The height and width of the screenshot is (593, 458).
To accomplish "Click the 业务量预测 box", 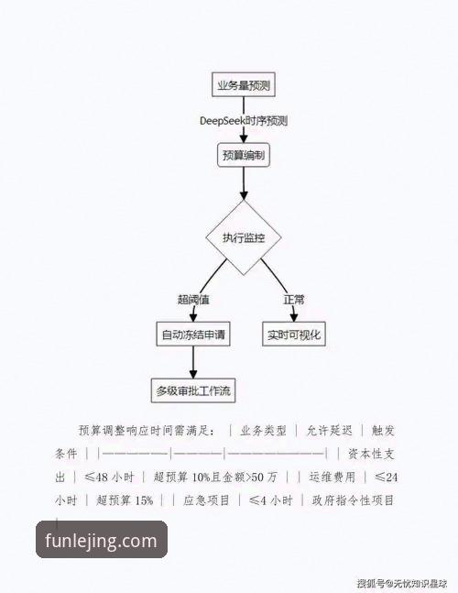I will click(243, 85).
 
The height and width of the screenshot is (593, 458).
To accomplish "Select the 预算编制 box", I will click(244, 156).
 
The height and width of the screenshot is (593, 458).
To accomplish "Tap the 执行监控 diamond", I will click(244, 238).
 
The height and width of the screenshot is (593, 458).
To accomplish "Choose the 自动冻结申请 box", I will click(193, 335).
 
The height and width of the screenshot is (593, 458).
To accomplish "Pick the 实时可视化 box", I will click(294, 335).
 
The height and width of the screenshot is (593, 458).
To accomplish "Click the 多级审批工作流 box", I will click(193, 391).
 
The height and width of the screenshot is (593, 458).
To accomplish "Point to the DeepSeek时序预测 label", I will click(244, 121).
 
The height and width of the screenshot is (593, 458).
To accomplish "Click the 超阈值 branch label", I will click(193, 299).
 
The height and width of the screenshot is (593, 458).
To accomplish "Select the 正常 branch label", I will click(294, 299).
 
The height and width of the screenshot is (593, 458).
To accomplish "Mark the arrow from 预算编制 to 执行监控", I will click(244, 185).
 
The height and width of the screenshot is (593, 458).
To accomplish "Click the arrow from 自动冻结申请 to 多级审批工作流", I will click(193, 364).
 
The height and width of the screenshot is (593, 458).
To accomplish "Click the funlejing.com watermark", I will click(101, 541).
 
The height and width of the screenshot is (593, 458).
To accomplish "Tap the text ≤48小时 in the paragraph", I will click(110, 478).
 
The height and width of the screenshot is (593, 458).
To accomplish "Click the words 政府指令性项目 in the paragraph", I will click(353, 500).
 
